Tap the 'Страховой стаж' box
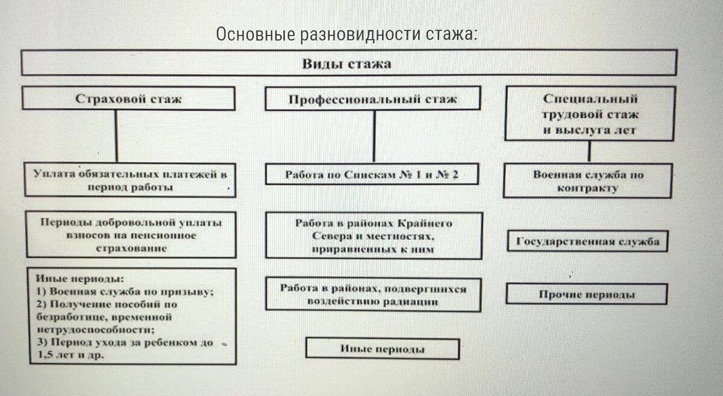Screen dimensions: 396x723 (x=128, y=99)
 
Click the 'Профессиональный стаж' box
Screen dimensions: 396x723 (x=373, y=99)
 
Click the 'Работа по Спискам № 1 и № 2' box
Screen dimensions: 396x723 (x=372, y=175)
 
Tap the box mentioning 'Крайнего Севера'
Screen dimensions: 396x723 (x=374, y=236)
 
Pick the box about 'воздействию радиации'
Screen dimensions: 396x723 (x=373, y=295)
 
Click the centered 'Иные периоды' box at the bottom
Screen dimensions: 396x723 (x=383, y=349)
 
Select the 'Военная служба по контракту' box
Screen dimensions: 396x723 (x=587, y=181)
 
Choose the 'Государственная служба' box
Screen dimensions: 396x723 (x=587, y=242)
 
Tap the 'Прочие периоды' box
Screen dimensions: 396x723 (x=586, y=295)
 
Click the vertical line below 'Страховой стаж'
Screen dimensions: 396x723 (x=116, y=136)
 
